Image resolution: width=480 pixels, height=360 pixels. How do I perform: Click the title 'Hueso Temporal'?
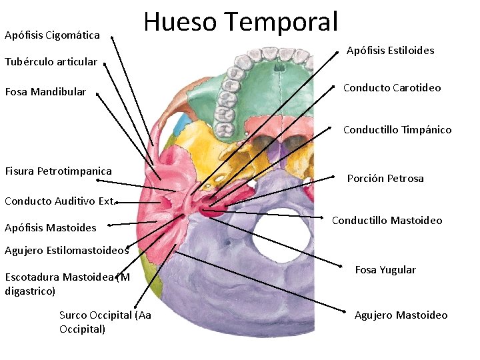[241, 21]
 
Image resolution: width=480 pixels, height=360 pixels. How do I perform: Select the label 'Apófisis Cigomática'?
[52, 35]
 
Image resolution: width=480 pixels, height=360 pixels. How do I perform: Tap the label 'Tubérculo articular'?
[51, 62]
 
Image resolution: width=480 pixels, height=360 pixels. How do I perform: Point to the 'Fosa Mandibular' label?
[45, 92]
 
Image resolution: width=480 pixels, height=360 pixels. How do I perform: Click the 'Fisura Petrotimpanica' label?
[58, 171]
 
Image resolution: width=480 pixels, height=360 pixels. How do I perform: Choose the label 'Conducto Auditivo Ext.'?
[61, 200]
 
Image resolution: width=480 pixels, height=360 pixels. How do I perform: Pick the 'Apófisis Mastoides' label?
[50, 227]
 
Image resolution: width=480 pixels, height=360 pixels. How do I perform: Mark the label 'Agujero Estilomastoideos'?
[66, 251]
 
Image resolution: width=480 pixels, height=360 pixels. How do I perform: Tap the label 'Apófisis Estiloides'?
[390, 51]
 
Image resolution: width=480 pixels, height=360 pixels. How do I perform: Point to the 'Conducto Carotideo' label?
[391, 88]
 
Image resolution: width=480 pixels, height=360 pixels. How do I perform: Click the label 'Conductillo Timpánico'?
[397, 130]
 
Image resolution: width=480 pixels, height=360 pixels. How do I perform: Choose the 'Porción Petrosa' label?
[385, 179]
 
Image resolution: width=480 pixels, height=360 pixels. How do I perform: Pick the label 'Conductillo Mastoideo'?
[387, 221]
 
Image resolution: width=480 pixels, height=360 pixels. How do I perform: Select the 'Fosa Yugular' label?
[385, 270]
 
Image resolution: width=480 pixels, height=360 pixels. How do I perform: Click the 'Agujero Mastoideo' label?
[401, 315]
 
